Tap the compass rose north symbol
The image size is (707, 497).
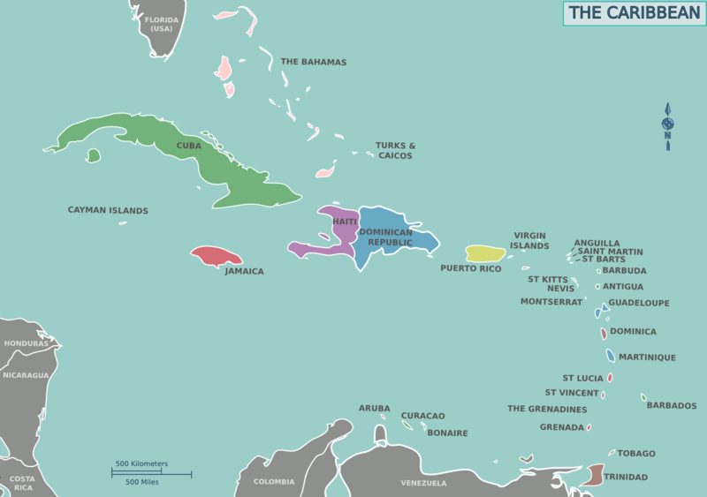pos(668,122)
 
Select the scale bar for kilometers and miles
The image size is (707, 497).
pos(150,473)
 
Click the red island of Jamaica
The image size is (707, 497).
pos(216,256)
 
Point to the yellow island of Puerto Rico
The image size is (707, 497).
pos(485,254)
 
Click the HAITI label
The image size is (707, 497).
pos(345,222)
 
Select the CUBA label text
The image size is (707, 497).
pos(188,146)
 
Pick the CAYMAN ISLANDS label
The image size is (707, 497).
pos(108,211)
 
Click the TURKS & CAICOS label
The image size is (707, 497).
pos(395,150)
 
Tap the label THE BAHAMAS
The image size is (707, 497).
pos(313,63)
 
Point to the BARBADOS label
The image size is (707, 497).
pos(671,406)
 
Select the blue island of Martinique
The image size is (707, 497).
pos(611,356)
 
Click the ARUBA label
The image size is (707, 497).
pos(374,408)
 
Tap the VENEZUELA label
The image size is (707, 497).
pos(423,483)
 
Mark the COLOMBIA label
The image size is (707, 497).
pos(274,482)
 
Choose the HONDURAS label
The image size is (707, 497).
pos(26,343)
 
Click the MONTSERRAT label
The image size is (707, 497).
pos(551,302)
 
